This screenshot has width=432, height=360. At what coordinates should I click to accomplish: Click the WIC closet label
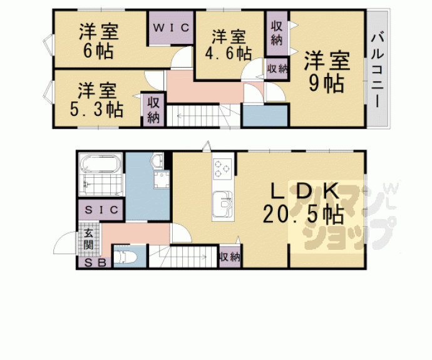pos(171,28)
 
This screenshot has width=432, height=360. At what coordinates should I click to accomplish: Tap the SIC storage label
pos(101,210)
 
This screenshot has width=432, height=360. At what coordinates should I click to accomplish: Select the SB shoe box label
pos(95,263)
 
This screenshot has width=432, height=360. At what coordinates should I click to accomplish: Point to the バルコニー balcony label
pos(377,71)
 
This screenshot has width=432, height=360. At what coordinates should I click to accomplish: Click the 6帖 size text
pos(98,51)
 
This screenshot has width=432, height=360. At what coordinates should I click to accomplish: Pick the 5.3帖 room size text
pos(96,110)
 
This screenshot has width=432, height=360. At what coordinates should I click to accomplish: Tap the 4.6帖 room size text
pos(228,53)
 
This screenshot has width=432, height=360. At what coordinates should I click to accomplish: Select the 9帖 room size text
pos(326,83)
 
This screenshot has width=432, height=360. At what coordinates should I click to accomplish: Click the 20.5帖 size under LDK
pos(303,214)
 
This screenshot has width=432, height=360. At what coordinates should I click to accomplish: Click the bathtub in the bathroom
pos(101,164)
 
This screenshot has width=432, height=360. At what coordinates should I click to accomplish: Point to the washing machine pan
pos(162,180)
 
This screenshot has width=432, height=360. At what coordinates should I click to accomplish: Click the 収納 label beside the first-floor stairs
pos(230,257)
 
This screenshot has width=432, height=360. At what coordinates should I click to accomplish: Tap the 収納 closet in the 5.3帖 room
pos(153,110)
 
